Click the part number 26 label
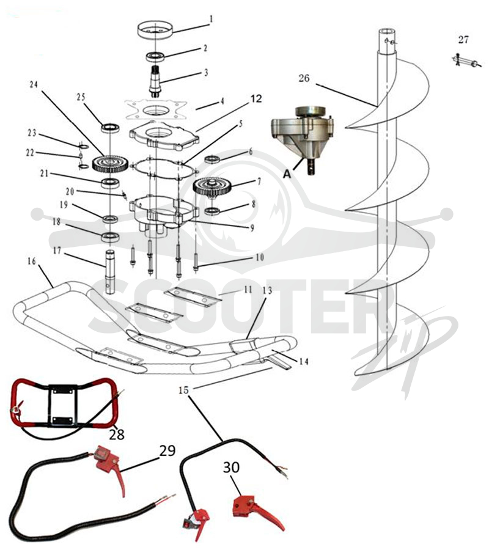pos(304,78)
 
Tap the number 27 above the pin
pos(463,40)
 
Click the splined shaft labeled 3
pos(155,81)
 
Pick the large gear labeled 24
pos(110,163)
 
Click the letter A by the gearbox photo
pos(287,173)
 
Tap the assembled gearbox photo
pos(303,138)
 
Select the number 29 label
pos(167,450)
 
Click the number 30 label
pos(232,468)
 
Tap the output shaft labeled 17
pos(111,271)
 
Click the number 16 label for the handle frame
pos(32,262)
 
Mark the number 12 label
pos(256,99)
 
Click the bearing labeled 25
pos(110,128)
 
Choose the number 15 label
pos(183,390)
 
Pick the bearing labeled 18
pos(110,237)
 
